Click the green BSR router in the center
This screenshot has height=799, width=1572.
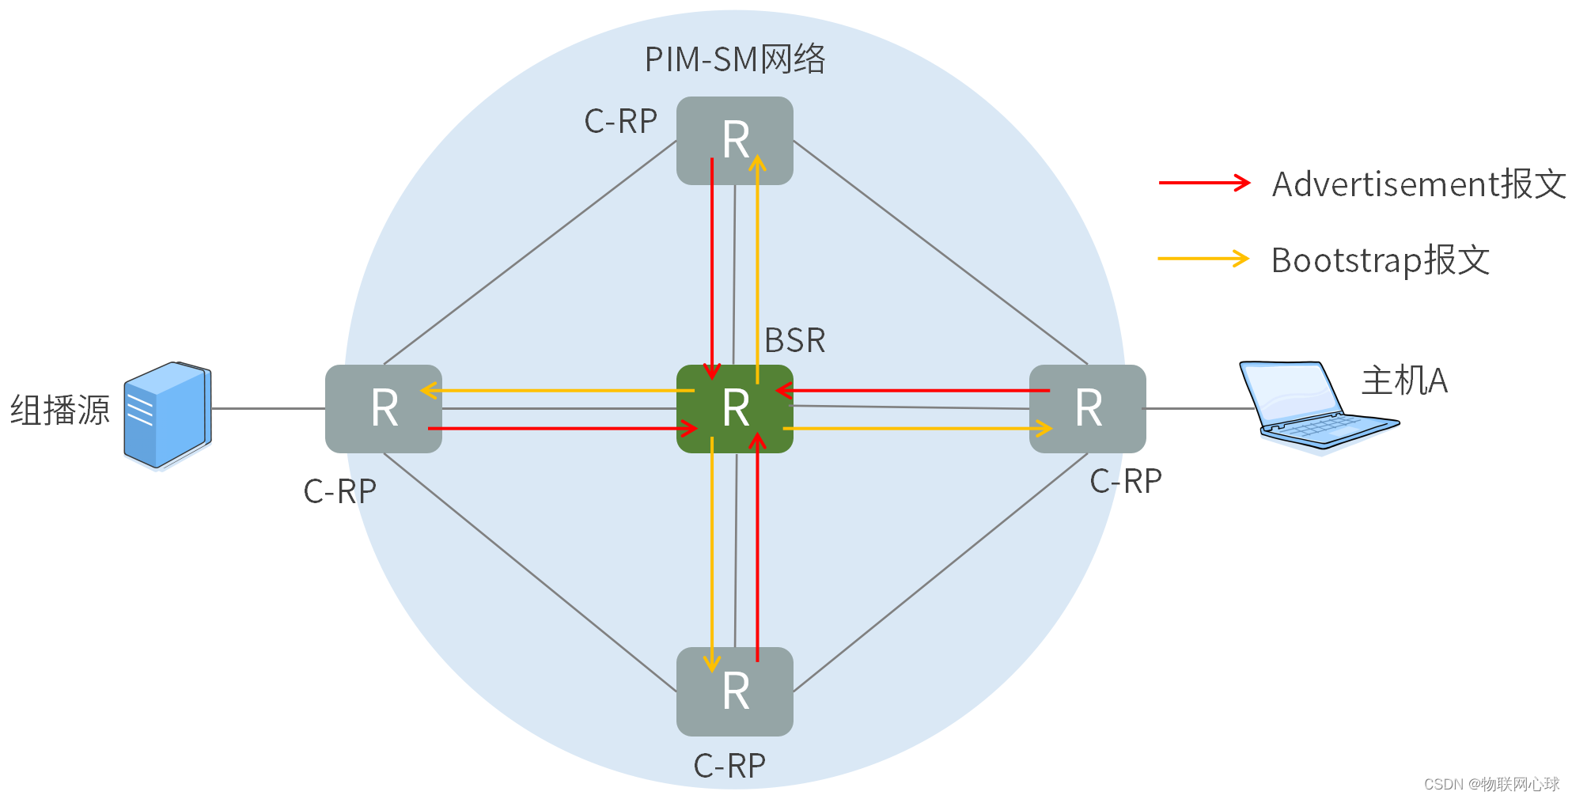point(734,409)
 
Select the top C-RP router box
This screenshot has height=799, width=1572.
point(734,140)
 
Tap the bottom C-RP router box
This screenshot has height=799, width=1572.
point(734,691)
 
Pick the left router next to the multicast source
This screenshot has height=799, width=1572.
point(384,409)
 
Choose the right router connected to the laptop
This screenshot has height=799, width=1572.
point(1087,409)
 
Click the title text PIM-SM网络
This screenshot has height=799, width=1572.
point(734,59)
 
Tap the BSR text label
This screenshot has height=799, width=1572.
point(794,341)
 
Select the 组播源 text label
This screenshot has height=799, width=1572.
point(60,411)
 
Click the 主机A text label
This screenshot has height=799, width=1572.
point(1403,381)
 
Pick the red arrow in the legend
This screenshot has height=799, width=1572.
point(1203,183)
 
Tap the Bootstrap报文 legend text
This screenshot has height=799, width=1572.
point(1380,260)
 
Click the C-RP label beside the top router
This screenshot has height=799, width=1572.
point(620,122)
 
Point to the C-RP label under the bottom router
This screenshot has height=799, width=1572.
point(729,766)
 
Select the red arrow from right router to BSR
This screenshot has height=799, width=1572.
point(910,390)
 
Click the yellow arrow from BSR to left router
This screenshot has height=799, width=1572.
point(554,390)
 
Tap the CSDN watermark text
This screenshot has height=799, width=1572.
point(1491,784)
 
